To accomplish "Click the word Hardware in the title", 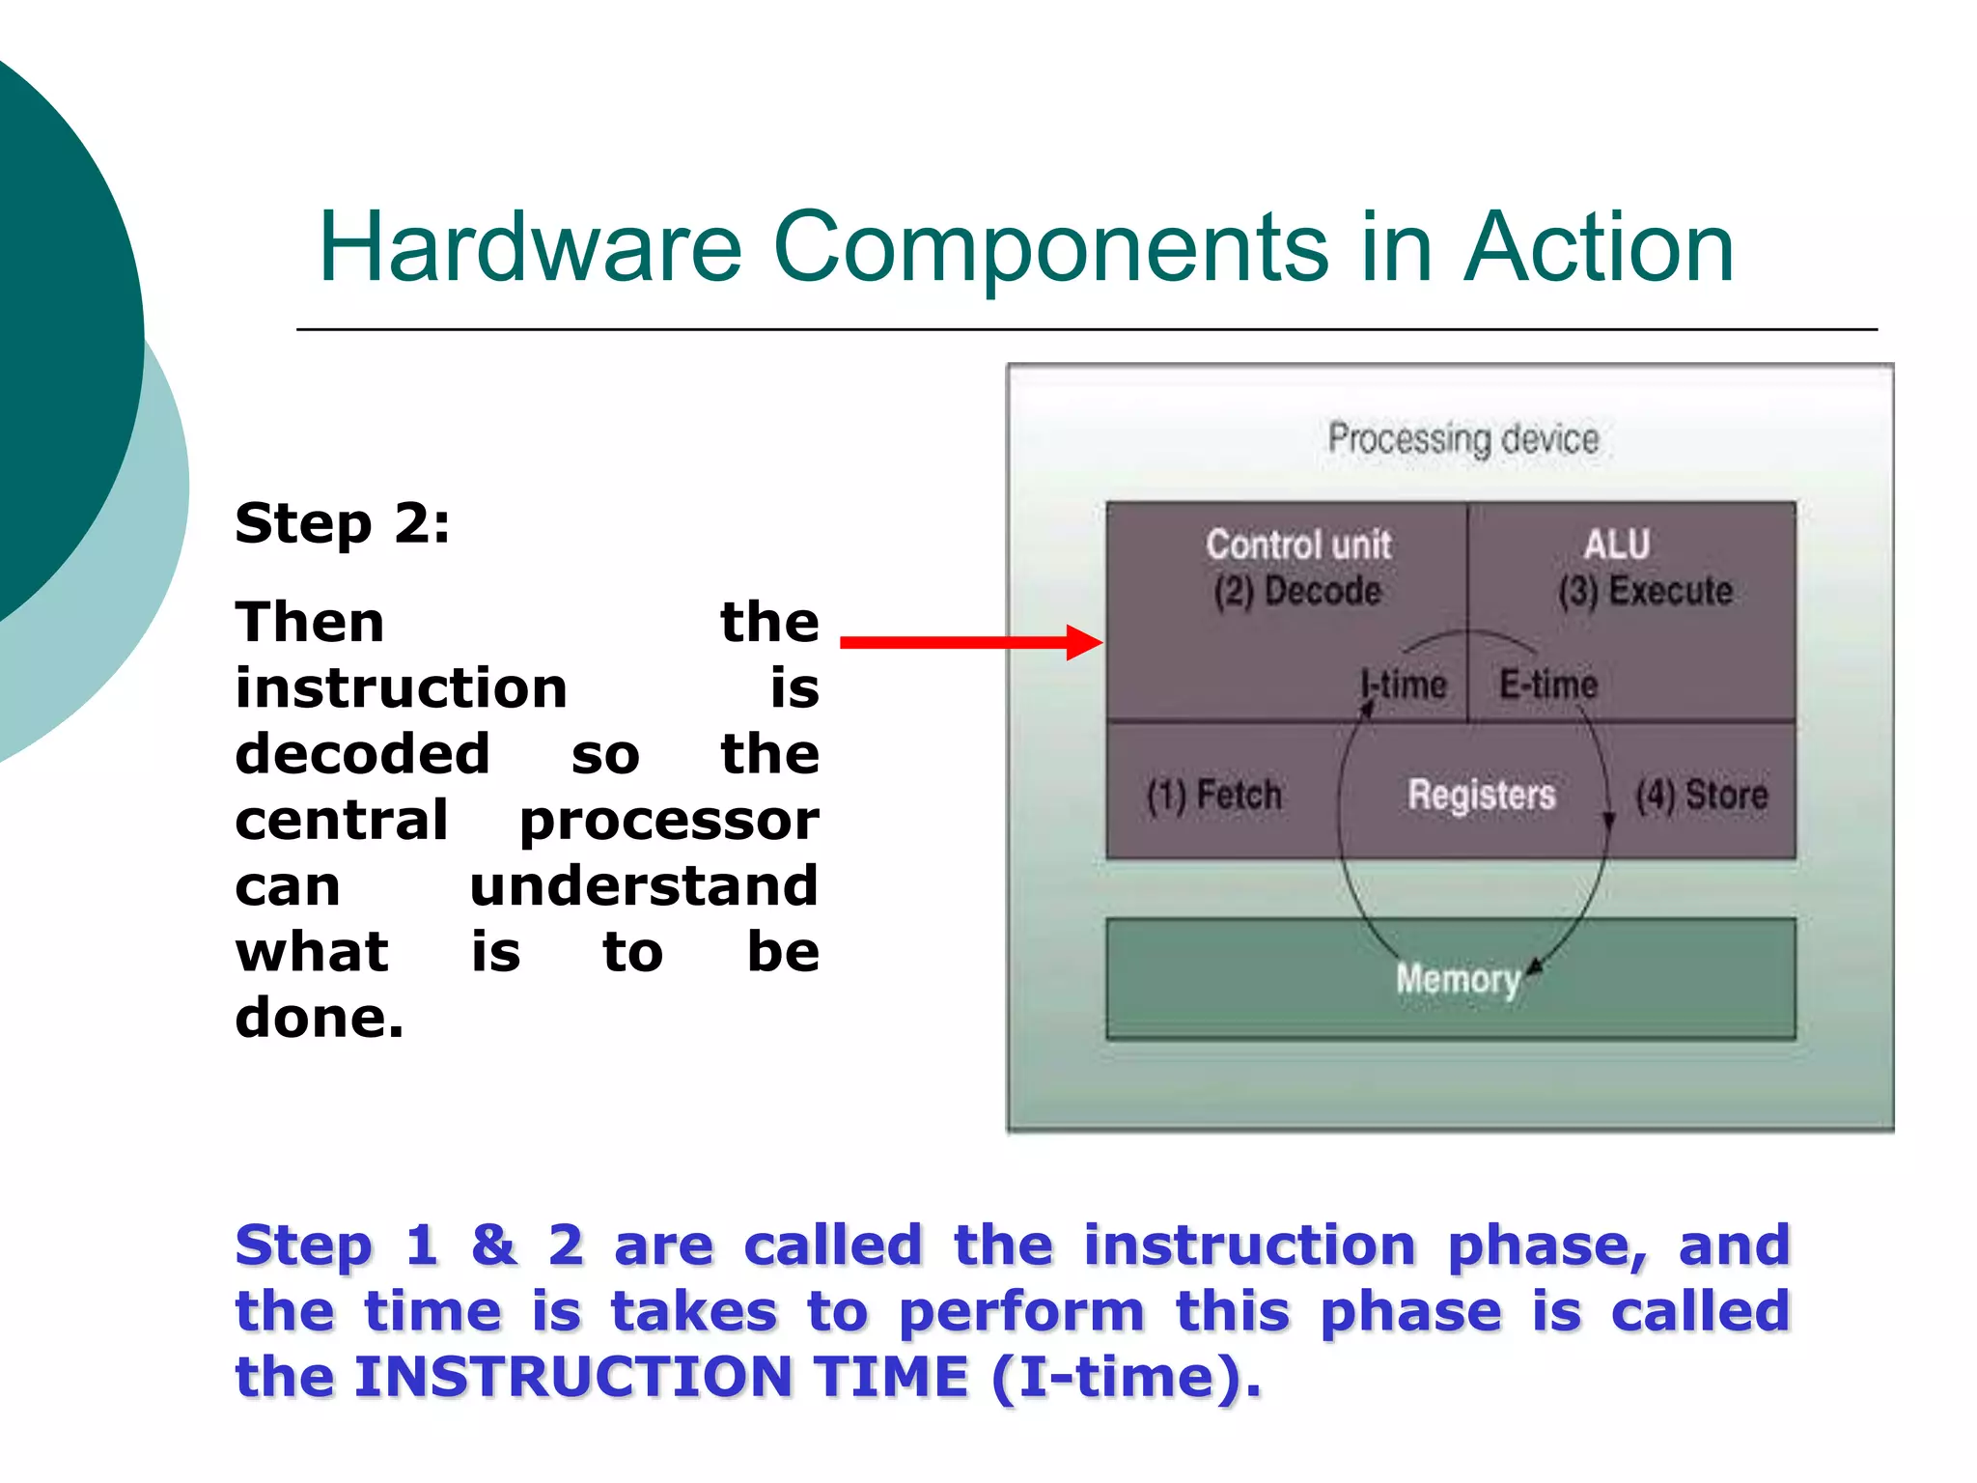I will [x=530, y=248].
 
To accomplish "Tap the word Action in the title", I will [x=1599, y=248].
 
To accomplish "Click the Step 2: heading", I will [x=342, y=524].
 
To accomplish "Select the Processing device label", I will [x=1462, y=439].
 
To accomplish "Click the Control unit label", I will [x=1297, y=546].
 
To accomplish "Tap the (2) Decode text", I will [x=1297, y=591].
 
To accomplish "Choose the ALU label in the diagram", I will [x=1616, y=546].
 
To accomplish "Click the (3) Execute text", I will [x=1645, y=591].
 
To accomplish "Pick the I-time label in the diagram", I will [x=1404, y=685].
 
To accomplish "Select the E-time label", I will [x=1548, y=685].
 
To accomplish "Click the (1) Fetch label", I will [x=1213, y=796].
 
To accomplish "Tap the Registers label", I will [x=1481, y=796].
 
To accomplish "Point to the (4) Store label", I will [x=1701, y=796].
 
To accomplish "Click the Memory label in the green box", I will [x=1458, y=979].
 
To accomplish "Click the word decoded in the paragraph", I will [x=363, y=753].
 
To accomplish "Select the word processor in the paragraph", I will [x=669, y=821].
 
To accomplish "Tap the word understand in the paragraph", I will [x=644, y=886].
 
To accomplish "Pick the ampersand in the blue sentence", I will [x=493, y=1245].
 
